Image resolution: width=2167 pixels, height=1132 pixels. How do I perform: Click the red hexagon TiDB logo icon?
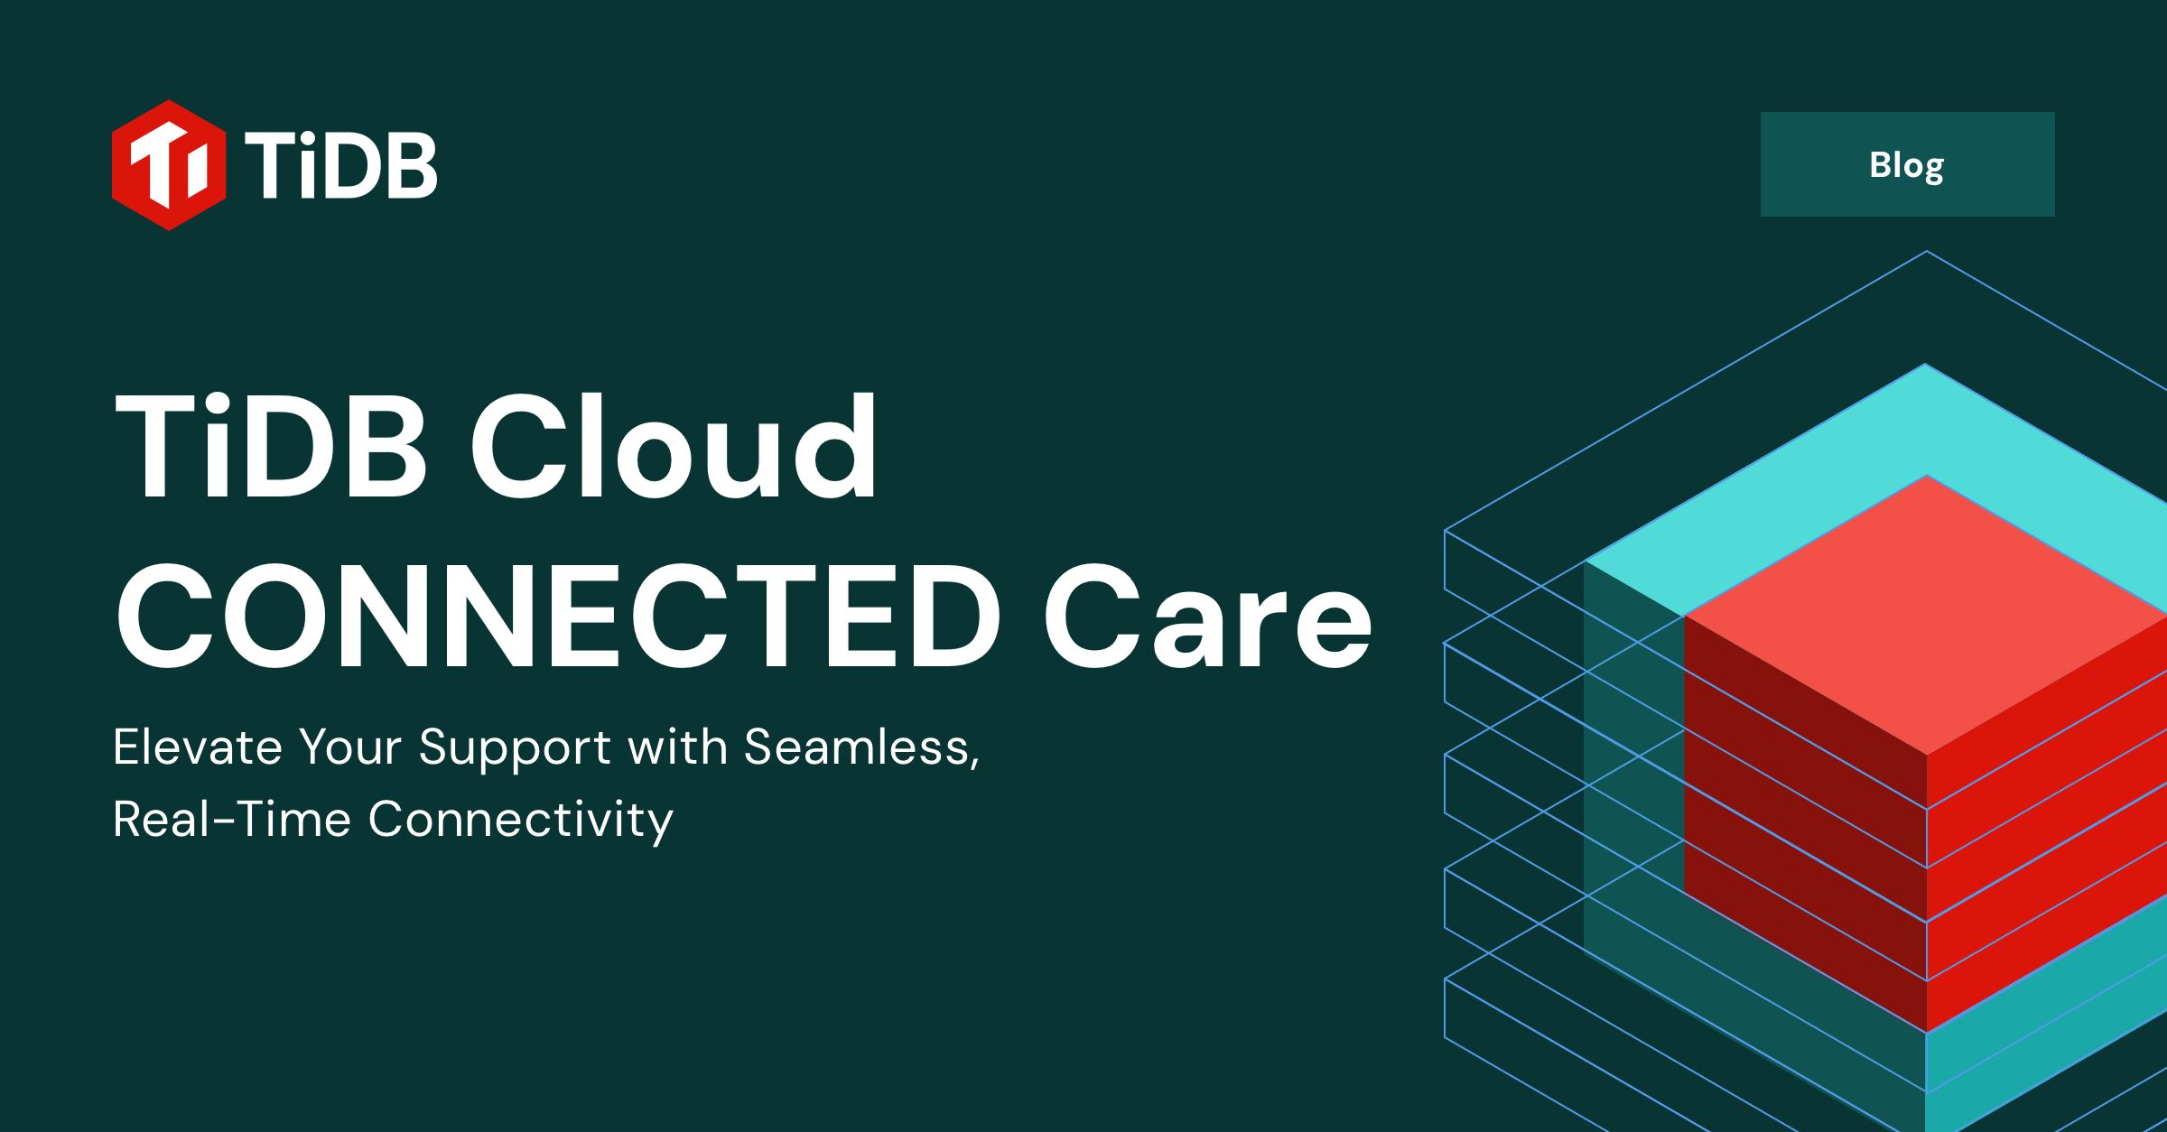(x=169, y=165)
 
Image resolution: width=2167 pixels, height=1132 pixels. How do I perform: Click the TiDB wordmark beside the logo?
(x=341, y=165)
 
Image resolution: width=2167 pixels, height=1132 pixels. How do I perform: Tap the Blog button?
(x=1907, y=164)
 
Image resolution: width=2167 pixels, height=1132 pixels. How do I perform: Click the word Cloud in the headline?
(x=673, y=447)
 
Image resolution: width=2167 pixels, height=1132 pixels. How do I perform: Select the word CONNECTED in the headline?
(x=558, y=617)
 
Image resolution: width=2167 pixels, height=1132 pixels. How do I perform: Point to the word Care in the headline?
(x=1207, y=618)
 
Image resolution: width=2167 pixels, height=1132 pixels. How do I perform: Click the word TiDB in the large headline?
(x=271, y=447)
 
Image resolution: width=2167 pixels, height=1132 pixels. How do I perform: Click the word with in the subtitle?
(x=677, y=747)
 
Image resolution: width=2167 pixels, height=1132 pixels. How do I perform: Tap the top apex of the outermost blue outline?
(x=1927, y=252)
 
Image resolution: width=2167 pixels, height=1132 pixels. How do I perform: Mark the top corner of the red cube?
(x=1927, y=477)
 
